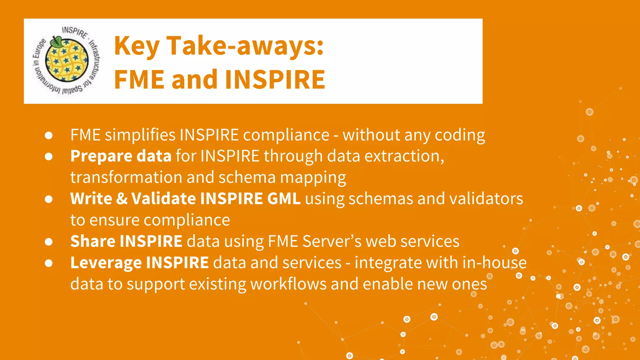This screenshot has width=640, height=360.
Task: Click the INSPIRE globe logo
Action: click(x=67, y=61)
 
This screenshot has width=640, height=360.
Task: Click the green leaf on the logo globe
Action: click(x=57, y=41)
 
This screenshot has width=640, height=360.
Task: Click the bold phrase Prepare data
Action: click(x=121, y=156)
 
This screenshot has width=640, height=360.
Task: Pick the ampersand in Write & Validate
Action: click(x=122, y=198)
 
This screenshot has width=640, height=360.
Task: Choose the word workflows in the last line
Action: click(x=288, y=284)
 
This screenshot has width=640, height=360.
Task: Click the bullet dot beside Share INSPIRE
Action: click(x=48, y=242)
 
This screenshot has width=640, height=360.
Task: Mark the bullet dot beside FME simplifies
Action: click(x=48, y=135)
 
